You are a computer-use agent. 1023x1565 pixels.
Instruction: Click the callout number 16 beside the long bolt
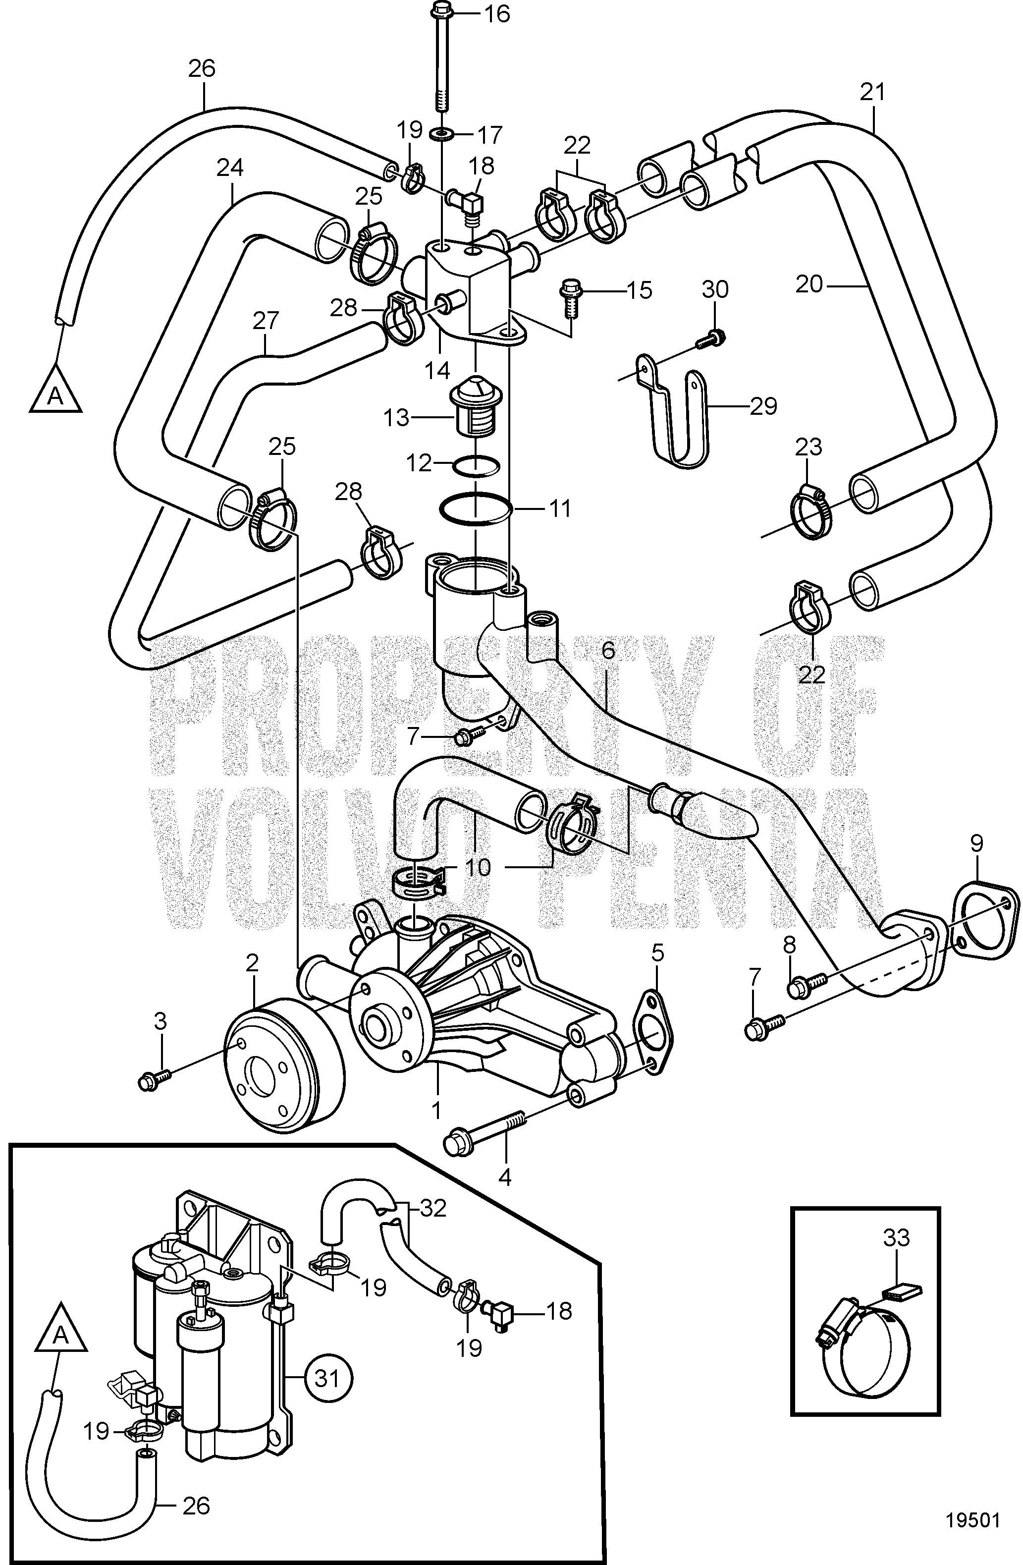click(x=498, y=14)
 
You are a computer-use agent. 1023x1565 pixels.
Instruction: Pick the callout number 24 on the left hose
click(x=230, y=168)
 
